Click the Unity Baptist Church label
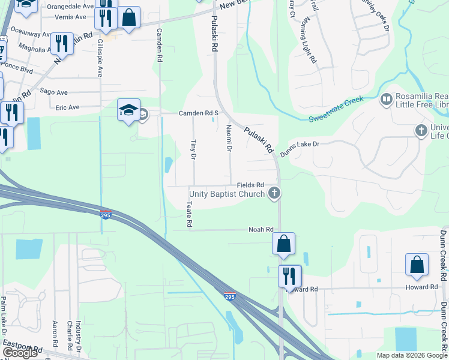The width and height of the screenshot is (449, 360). [x=226, y=194]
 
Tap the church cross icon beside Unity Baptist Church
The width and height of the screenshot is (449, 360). [x=274, y=193]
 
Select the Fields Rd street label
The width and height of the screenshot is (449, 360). [x=250, y=185]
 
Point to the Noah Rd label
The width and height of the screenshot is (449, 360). [x=261, y=230]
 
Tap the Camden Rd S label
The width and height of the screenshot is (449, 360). [x=198, y=113]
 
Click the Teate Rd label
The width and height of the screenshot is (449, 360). [x=188, y=214]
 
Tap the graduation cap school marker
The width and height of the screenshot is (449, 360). [x=128, y=110]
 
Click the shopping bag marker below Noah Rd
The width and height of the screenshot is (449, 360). [x=283, y=244]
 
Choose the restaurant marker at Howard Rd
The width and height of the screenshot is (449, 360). [x=289, y=276]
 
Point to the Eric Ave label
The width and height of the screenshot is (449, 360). [x=67, y=107]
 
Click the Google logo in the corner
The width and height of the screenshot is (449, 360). [x=20, y=353]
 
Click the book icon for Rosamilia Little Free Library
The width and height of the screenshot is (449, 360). [x=387, y=98]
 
